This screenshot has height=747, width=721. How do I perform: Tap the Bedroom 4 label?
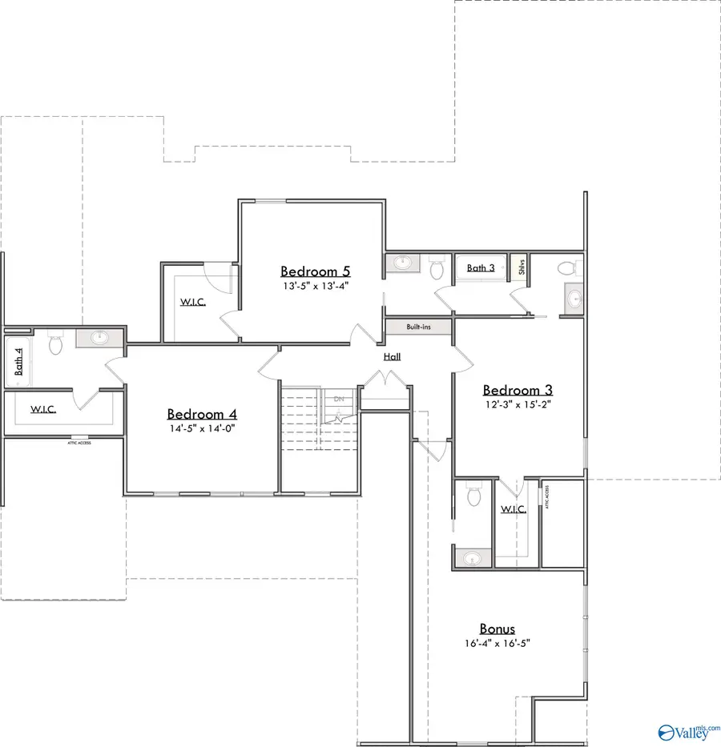coord(202,414)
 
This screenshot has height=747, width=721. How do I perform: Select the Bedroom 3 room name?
coord(518,390)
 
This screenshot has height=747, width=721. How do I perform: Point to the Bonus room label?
coord(497,629)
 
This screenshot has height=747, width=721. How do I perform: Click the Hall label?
coord(392,357)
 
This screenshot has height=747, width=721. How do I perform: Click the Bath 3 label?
coord(481,268)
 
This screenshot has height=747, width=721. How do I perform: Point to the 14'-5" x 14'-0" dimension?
coord(202,428)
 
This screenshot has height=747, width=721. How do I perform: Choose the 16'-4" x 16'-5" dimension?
coord(497,643)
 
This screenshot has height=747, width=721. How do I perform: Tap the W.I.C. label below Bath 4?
coord(43,409)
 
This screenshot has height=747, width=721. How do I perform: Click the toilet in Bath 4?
coord(55,343)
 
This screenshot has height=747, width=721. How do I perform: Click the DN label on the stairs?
coord(339,398)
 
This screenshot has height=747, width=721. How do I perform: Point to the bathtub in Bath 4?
coord(18,360)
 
